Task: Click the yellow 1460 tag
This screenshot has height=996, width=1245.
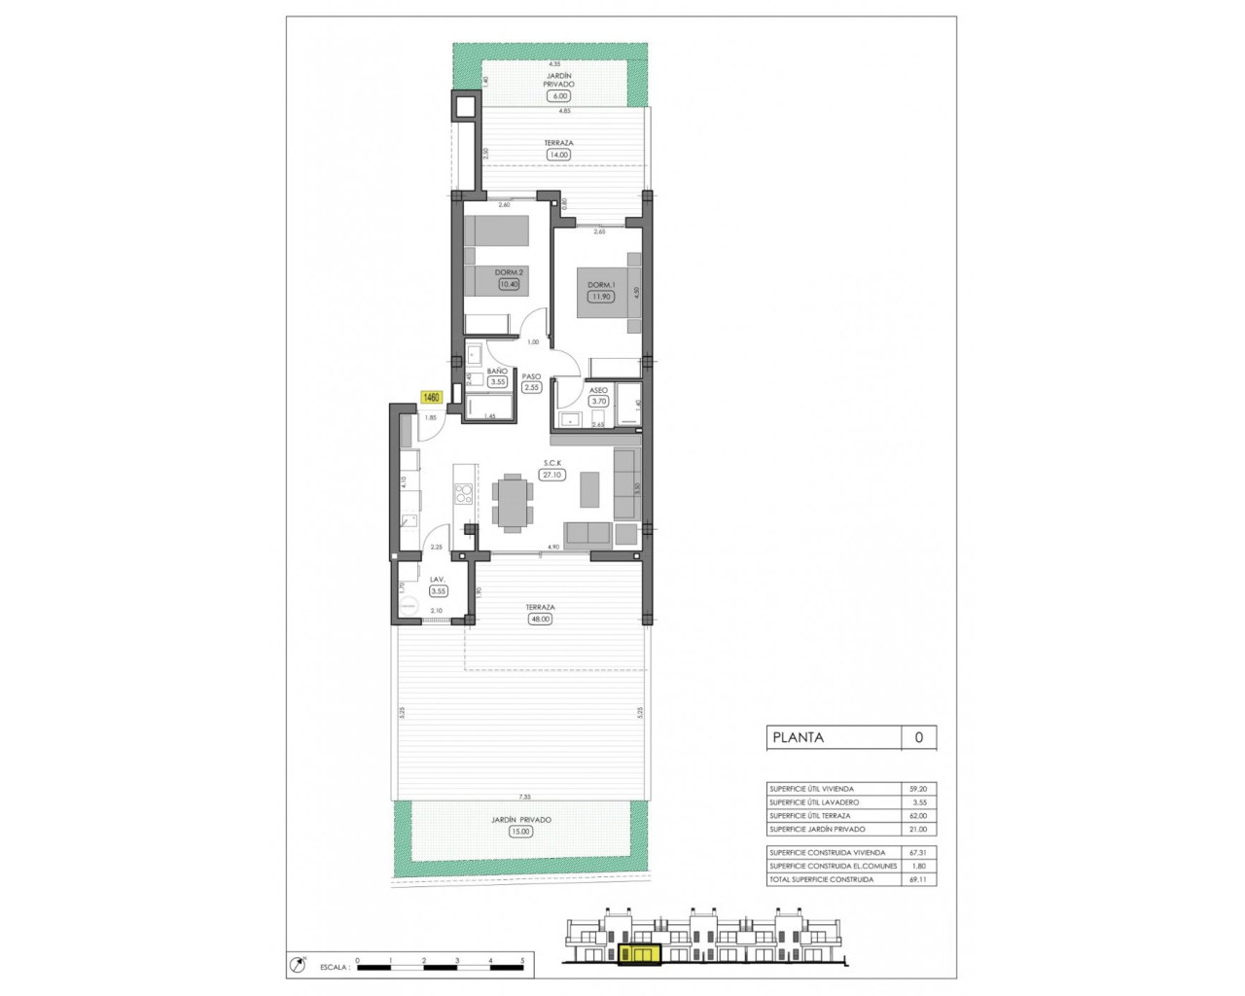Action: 431,397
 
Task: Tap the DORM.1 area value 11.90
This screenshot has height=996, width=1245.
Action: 601,297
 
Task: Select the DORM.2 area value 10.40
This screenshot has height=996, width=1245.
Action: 509,284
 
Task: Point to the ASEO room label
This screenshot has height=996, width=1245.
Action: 598,390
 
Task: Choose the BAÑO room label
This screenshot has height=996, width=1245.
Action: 497,372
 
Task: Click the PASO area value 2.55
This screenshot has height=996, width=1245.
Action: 531,387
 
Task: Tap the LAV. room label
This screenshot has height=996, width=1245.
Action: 438,580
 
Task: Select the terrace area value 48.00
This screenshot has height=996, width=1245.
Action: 539,619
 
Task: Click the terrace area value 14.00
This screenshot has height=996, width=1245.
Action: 558,154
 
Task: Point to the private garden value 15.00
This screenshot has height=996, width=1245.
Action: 520,831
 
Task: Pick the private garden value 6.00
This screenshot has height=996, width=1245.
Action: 558,96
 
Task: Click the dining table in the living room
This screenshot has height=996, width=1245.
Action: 512,502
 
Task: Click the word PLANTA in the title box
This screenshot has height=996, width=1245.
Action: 798,737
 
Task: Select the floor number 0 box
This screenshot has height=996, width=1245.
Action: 918,737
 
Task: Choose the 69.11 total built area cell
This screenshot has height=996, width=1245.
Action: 918,879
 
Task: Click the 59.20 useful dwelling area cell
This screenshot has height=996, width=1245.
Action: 918,789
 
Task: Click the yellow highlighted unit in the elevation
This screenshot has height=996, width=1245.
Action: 640,956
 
